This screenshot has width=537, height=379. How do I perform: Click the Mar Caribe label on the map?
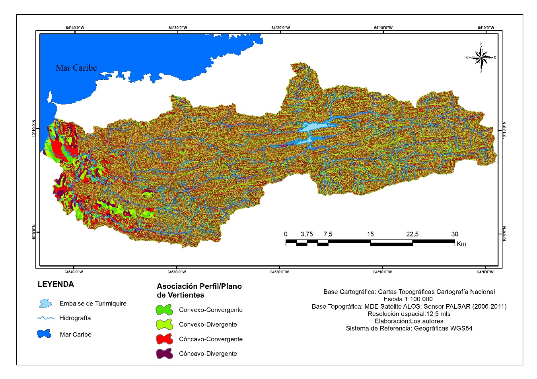click(76, 68)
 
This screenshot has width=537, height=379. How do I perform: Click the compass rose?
click(481, 58)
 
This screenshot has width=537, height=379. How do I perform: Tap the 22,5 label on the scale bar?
click(412, 234)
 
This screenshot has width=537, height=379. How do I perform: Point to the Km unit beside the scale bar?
click(461, 244)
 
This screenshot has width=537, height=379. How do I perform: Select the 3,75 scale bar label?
click(307, 234)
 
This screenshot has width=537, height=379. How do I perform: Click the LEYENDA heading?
click(56, 284)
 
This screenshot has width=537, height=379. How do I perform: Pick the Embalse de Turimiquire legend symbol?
click(45, 304)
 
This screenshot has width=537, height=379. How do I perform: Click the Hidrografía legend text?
click(75, 318)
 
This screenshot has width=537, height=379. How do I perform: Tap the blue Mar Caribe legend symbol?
click(45, 334)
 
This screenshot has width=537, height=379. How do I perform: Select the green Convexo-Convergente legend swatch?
click(164, 310)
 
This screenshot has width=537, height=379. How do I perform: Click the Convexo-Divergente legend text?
click(208, 325)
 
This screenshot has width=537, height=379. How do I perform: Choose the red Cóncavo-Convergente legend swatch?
click(164, 339)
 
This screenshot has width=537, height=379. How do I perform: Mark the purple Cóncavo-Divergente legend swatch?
click(164, 354)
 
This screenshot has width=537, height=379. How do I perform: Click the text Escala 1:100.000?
click(408, 299)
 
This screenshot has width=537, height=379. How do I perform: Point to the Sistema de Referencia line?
click(409, 328)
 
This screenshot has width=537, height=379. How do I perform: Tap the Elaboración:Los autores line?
click(409, 321)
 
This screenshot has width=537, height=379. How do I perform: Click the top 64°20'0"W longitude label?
click(280, 28)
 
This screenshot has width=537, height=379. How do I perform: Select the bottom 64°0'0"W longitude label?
click(485, 272)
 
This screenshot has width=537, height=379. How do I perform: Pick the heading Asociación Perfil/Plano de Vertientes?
click(199, 290)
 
